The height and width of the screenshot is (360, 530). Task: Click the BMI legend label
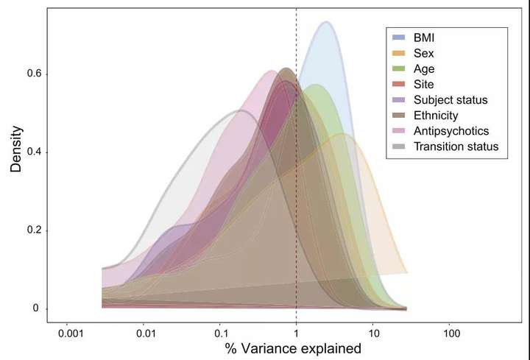pyautogui.click(x=424, y=36)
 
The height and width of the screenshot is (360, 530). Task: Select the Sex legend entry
pyautogui.click(x=423, y=52)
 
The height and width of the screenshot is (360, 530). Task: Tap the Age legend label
pyautogui.click(x=424, y=68)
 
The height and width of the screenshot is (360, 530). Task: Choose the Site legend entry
pyautogui.click(x=423, y=84)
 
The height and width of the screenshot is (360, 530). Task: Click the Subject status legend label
pyautogui.click(x=451, y=99)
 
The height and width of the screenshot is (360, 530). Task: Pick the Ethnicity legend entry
pyautogui.click(x=436, y=115)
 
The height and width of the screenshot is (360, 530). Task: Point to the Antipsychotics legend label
pyautogui.click(x=451, y=131)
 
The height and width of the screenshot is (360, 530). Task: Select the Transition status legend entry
pyautogui.click(x=456, y=147)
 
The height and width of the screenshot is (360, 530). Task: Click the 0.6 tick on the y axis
pyautogui.click(x=29, y=74)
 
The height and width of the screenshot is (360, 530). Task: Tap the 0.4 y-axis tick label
pyautogui.click(x=29, y=152)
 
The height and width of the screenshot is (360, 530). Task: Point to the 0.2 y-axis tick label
pyautogui.click(x=29, y=230)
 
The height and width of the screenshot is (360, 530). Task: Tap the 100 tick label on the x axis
pyautogui.click(x=452, y=333)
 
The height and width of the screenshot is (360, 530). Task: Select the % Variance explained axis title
pyautogui.click(x=294, y=349)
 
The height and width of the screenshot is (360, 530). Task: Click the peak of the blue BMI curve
pyautogui.click(x=325, y=22)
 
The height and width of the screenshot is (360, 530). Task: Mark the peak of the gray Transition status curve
pyautogui.click(x=240, y=110)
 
